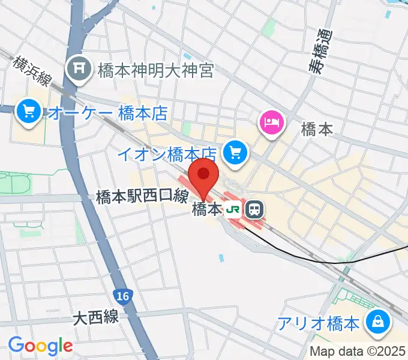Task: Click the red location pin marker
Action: click(x=203, y=175)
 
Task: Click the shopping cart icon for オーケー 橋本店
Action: click(x=28, y=110)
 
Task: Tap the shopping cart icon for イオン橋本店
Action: click(x=235, y=153)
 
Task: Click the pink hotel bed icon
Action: click(x=271, y=122)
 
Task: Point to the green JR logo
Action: click(x=233, y=210)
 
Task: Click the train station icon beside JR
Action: click(x=254, y=209)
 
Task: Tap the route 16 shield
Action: click(x=122, y=295)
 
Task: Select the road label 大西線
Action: click(x=96, y=317)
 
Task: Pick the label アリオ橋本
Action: click(x=318, y=324)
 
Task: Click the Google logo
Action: click(x=40, y=346)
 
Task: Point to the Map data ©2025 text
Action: click(x=358, y=352)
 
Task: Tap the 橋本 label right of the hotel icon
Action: click(x=316, y=130)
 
